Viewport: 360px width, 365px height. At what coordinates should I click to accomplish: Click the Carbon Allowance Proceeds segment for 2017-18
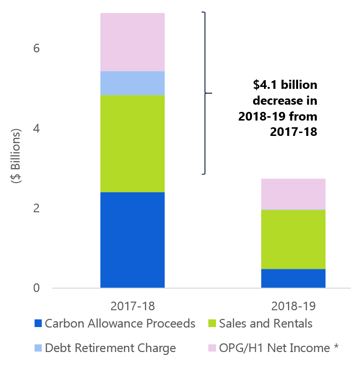pos(132,240)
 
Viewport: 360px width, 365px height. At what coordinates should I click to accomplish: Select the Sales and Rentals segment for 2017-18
pos(132,143)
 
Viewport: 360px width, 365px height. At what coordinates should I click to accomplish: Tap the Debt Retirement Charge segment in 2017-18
pos(132,83)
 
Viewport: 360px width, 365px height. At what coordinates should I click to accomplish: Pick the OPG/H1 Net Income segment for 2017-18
pos(132,42)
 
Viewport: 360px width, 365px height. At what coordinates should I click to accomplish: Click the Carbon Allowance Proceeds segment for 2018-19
pos(293,278)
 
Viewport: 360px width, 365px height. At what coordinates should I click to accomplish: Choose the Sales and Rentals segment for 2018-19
pos(293,239)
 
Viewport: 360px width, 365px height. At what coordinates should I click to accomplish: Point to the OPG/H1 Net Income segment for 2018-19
pos(293,194)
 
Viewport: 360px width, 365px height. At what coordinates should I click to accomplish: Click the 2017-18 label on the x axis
pos(132,305)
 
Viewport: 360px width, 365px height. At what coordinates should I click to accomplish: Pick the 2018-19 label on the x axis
pos(293,305)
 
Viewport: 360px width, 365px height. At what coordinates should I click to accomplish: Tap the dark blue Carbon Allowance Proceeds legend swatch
pos(38,324)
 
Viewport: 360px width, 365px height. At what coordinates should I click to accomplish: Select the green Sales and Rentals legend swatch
pos(213,324)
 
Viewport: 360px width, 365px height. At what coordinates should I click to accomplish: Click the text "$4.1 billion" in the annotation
pos(285,85)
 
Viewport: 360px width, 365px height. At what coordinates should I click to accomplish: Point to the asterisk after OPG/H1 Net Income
pos(336,346)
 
